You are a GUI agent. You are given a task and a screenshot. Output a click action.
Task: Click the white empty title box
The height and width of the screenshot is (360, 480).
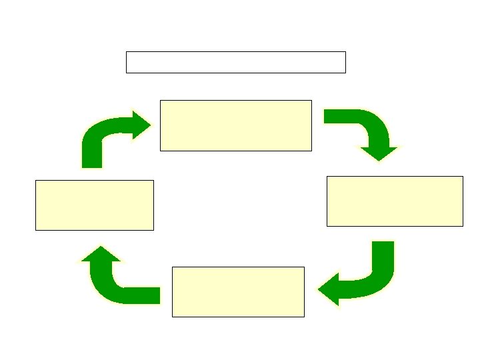[x=236, y=62]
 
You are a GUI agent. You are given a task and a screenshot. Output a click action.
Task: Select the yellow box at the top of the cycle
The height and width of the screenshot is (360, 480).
[x=236, y=125]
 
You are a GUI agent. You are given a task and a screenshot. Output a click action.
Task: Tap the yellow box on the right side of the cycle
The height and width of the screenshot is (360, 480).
[x=395, y=201]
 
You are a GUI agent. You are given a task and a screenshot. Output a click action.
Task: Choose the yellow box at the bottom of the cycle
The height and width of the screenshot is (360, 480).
[x=238, y=292]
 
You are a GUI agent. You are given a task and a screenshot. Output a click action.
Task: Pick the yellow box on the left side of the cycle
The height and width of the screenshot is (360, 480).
[x=95, y=205]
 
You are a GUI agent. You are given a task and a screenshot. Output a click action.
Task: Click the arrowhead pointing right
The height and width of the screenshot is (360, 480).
[x=142, y=125]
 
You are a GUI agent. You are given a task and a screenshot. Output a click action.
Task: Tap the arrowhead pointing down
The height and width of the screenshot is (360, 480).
[x=379, y=153]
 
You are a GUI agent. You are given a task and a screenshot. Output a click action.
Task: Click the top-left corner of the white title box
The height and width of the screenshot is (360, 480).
[x=127, y=52]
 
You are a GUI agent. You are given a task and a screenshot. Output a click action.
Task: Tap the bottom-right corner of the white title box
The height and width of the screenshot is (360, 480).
[x=345, y=72]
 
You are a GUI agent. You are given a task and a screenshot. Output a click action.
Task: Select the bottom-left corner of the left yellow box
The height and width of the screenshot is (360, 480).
[x=36, y=230]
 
